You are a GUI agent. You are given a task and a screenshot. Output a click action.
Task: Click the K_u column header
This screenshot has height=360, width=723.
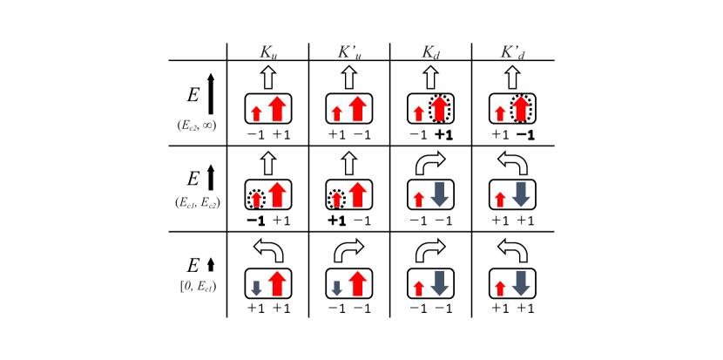click(268, 52)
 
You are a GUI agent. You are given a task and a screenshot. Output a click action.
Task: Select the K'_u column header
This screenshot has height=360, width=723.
click(349, 52)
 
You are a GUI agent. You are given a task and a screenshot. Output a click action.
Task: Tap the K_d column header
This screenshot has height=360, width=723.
click(430, 52)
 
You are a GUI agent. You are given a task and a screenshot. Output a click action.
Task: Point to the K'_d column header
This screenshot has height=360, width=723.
click(512, 52)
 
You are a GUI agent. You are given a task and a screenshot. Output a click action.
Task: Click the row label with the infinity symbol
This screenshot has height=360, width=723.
click(197, 126)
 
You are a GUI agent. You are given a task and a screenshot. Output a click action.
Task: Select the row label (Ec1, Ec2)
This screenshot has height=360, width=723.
click(198, 202)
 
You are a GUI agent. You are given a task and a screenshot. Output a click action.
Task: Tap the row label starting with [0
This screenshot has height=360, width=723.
click(198, 286)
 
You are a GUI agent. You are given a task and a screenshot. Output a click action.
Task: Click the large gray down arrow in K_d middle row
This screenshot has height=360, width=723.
click(440, 194)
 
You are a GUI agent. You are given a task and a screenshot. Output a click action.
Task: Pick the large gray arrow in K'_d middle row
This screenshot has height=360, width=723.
click(521, 194)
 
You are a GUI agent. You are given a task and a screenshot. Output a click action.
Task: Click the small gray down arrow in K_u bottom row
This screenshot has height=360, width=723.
click(256, 289)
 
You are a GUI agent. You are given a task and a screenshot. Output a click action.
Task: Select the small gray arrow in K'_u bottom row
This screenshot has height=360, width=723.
click(336, 289)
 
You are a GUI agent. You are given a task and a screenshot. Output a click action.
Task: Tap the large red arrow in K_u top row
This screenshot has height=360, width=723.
click(277, 109)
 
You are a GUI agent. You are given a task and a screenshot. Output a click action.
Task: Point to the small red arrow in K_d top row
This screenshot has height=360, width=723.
click(419, 113)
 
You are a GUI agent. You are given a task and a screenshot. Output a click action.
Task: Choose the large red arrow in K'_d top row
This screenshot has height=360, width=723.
click(521, 109)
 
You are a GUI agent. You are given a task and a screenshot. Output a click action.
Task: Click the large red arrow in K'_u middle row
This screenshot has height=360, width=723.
click(358, 194)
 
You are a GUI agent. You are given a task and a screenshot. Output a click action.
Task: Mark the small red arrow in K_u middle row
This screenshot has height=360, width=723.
click(256, 200)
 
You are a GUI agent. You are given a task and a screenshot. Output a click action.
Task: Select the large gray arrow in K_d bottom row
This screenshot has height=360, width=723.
click(440, 283)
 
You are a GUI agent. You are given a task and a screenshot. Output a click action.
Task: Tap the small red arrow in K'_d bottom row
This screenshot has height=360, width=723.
click(500, 289)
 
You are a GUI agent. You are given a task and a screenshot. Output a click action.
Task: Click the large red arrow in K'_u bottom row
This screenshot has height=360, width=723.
click(358, 283)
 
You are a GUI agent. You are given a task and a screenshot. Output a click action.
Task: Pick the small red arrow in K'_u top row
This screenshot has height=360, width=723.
click(336, 113)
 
